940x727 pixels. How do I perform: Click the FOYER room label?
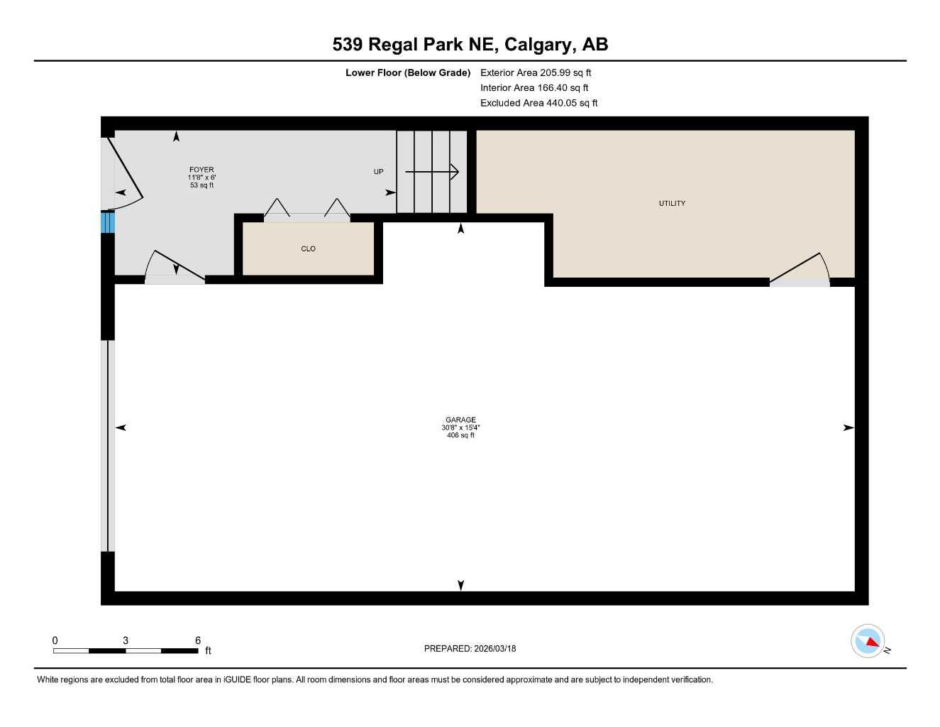[x=201, y=170]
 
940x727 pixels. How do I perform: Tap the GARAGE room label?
[x=460, y=420]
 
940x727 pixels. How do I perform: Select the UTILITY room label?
[x=672, y=204]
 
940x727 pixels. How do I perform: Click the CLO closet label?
[x=308, y=249]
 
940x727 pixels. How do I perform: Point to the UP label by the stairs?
[x=378, y=172]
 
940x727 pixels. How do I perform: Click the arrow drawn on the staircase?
[x=432, y=172]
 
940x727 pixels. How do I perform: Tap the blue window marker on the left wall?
[x=107, y=222]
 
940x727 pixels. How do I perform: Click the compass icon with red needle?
[x=868, y=641]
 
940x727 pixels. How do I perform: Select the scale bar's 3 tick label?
[x=126, y=640]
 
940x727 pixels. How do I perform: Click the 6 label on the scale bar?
[x=198, y=640]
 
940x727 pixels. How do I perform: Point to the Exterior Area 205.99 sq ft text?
[x=536, y=72]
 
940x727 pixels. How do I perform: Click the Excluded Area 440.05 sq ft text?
[x=538, y=103]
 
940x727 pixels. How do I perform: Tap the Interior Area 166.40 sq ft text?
[x=534, y=88]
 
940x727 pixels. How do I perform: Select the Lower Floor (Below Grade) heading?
[x=408, y=72]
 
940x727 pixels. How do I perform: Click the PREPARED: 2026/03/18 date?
[x=470, y=648]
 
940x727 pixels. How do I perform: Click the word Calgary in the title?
[x=539, y=45]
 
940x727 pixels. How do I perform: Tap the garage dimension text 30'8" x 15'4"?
[x=460, y=427]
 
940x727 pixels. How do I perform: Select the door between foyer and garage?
[x=175, y=268]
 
